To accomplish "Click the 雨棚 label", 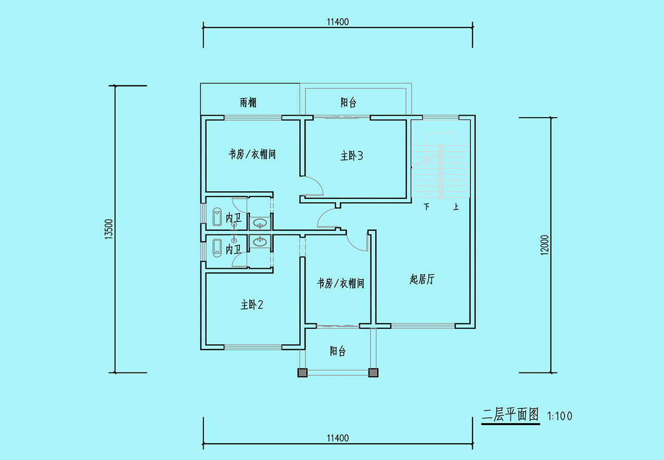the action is [x=248, y=103].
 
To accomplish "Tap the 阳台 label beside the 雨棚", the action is [x=348, y=103].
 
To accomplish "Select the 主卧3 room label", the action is [x=352, y=156].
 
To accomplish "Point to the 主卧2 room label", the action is [x=252, y=305].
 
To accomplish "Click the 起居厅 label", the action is [x=422, y=279].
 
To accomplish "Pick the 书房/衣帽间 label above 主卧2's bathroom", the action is [x=252, y=154].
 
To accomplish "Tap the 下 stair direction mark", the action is [x=427, y=206].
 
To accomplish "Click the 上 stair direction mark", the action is [x=456, y=206].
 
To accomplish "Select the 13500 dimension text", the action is [x=109, y=229].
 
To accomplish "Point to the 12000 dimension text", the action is [x=544, y=245].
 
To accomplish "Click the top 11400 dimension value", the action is [x=338, y=22].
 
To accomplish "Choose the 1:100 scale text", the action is [x=559, y=416].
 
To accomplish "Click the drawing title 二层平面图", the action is [x=510, y=415].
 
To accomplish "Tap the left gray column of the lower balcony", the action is [x=302, y=373].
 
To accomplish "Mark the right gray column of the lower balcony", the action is [x=373, y=373].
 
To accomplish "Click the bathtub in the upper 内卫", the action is [x=218, y=217].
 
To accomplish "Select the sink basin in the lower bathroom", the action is [x=260, y=242].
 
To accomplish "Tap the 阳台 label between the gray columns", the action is [x=338, y=351].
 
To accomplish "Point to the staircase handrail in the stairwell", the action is [x=441, y=171].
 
